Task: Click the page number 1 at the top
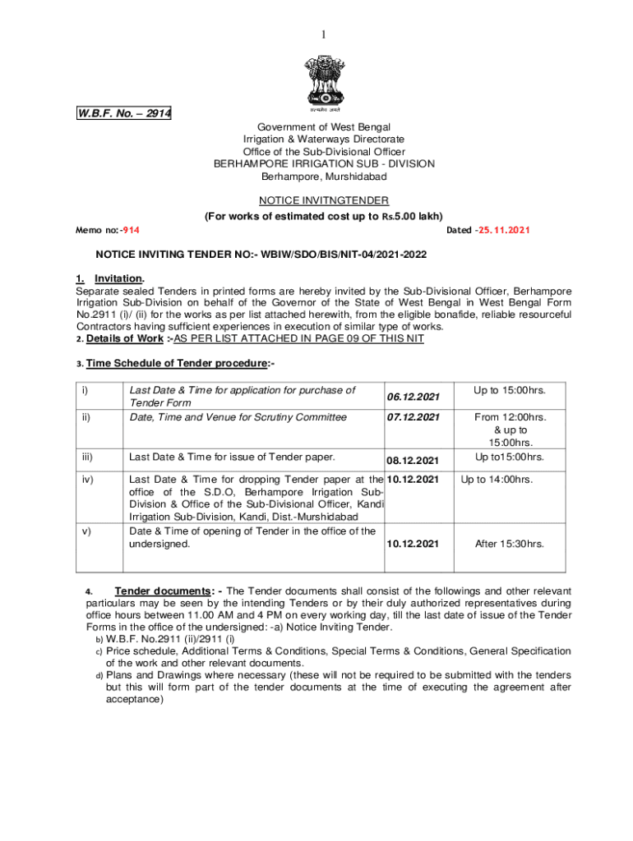click(x=324, y=34)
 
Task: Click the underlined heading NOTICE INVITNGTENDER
click(x=324, y=200)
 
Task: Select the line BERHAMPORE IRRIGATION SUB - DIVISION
click(x=324, y=164)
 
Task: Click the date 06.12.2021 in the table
click(x=414, y=398)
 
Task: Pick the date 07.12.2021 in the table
click(x=414, y=417)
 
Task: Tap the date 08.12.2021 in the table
click(x=414, y=460)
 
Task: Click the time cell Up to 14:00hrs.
click(x=497, y=479)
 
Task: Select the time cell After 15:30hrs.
click(x=510, y=544)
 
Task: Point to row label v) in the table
click(x=86, y=531)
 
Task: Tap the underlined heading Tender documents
click(x=164, y=591)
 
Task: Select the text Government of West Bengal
click(x=324, y=127)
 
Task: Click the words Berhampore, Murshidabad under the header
click(x=324, y=177)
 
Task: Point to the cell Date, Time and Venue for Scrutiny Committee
click(x=238, y=417)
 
